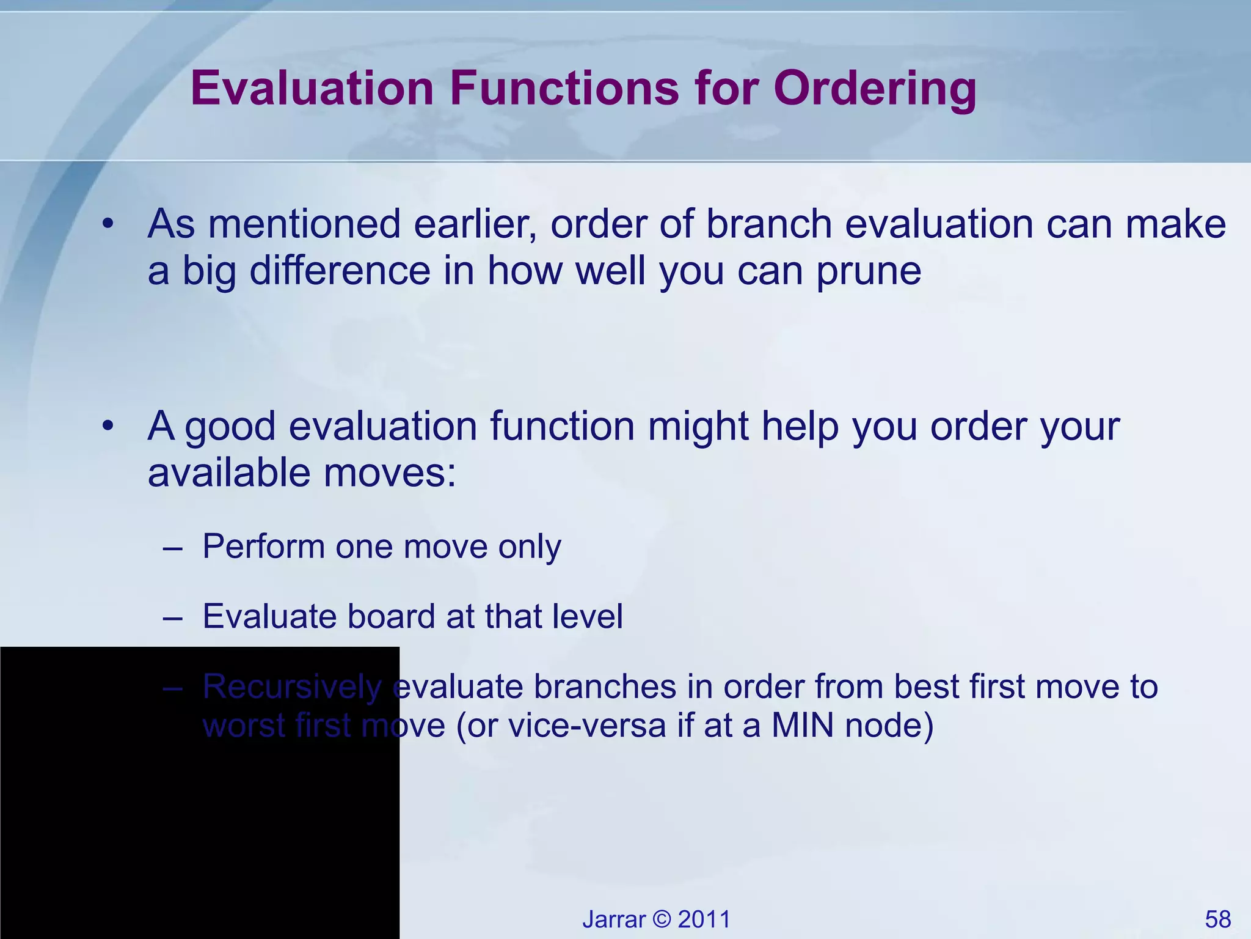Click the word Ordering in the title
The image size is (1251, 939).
point(875,89)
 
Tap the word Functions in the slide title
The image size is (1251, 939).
point(564,89)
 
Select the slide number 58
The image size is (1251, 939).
point(1217,919)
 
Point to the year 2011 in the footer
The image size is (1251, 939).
point(704,919)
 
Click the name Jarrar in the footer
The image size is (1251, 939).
point(614,919)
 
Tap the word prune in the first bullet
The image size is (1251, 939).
point(869,271)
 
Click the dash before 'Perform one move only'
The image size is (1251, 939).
point(173,547)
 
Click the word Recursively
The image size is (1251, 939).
point(292,687)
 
